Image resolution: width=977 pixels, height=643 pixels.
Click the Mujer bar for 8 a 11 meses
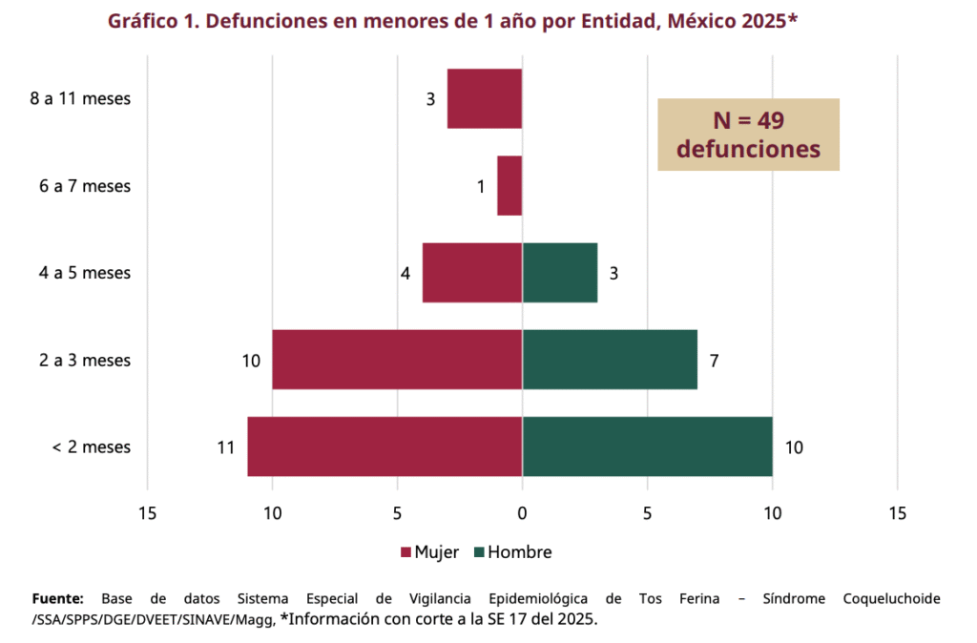point(485,99)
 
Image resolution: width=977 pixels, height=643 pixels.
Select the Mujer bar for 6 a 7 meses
point(509,186)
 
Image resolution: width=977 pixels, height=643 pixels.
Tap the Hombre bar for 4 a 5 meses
point(560,273)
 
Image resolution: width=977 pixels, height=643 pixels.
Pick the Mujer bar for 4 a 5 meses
point(472,273)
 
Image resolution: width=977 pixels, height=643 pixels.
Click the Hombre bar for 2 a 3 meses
point(610,360)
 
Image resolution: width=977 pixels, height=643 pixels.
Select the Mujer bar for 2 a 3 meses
point(397,360)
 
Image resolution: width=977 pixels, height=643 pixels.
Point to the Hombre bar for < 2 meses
point(647,446)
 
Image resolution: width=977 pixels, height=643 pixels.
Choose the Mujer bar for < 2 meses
point(385,446)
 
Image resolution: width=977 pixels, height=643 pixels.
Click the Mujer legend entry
point(430,552)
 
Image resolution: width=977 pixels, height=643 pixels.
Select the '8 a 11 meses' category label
point(80,98)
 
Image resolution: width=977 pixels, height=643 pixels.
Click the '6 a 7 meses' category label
point(85,186)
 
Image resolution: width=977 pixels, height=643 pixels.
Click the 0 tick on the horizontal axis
point(522,513)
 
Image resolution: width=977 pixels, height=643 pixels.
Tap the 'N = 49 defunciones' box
point(748,135)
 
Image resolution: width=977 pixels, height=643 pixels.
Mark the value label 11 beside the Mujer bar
point(225,446)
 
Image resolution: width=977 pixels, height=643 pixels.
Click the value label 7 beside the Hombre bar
point(714,361)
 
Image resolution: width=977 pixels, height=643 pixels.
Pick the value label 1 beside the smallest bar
point(482,187)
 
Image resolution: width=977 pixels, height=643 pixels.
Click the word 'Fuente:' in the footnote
point(58,599)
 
